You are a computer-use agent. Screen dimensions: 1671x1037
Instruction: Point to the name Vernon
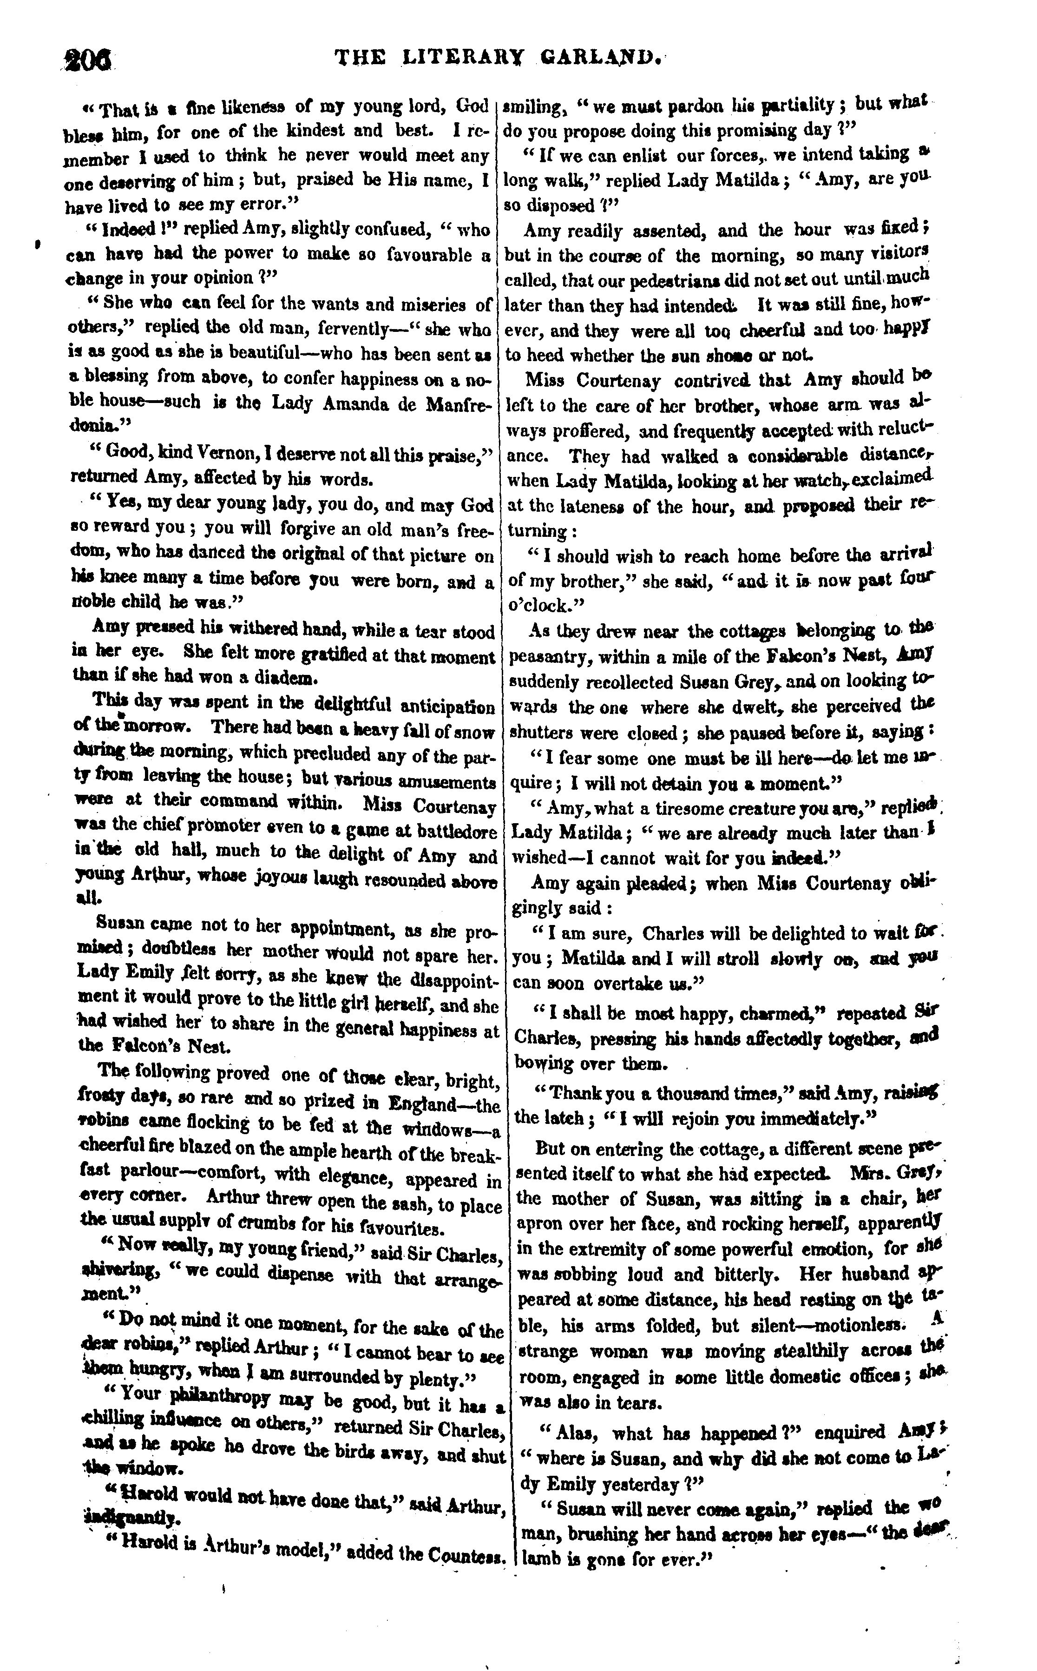[x=205, y=453]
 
